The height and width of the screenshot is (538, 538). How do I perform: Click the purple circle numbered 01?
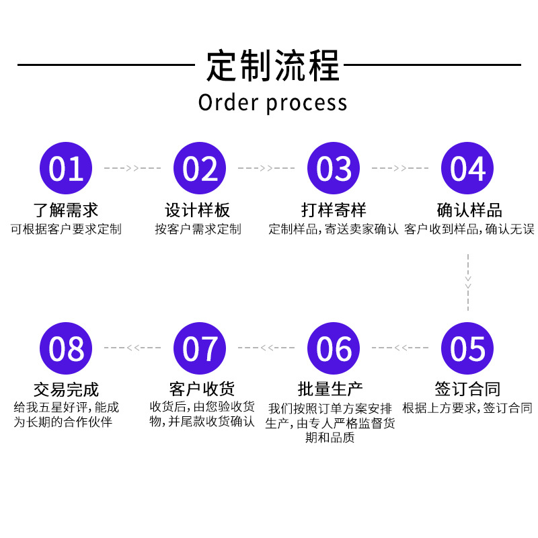click(x=66, y=168)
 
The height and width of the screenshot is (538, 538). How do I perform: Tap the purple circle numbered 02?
click(x=200, y=168)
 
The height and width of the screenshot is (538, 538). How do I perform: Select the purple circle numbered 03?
click(x=334, y=168)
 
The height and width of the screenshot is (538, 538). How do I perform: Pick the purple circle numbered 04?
click(x=467, y=168)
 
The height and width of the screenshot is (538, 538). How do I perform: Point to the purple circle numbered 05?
click(x=467, y=348)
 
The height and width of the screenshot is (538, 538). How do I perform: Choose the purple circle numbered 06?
click(x=334, y=348)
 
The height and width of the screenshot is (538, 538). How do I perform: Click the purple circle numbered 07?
click(x=200, y=348)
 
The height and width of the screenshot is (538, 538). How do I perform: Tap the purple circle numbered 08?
click(x=66, y=348)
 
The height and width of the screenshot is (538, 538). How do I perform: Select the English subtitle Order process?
click(x=272, y=103)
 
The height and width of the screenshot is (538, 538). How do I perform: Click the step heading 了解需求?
click(x=66, y=209)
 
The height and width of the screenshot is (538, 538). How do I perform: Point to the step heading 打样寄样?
click(x=334, y=209)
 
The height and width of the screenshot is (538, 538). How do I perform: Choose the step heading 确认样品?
click(x=469, y=209)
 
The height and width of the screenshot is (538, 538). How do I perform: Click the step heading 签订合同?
click(x=467, y=389)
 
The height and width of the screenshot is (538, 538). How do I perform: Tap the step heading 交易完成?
click(x=66, y=389)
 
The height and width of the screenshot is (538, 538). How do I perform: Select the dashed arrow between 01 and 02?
click(x=132, y=167)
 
